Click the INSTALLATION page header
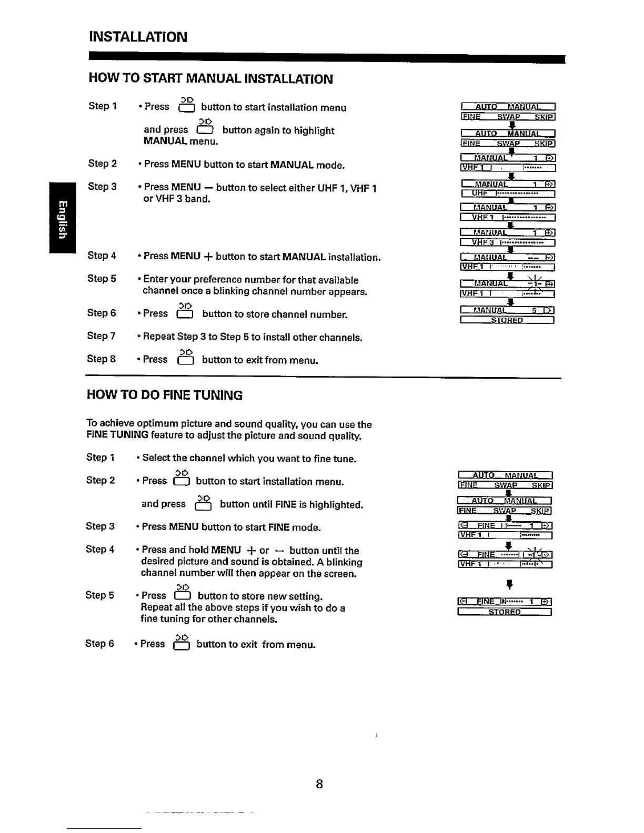point(138,37)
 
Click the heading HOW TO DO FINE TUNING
point(165,395)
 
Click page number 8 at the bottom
point(319,784)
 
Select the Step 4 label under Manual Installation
point(102,256)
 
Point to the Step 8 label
point(101,359)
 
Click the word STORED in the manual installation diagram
point(507,320)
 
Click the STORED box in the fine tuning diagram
point(505,612)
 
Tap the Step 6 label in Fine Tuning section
point(99,643)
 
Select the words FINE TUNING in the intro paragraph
point(117,435)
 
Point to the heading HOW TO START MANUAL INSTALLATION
point(210,79)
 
